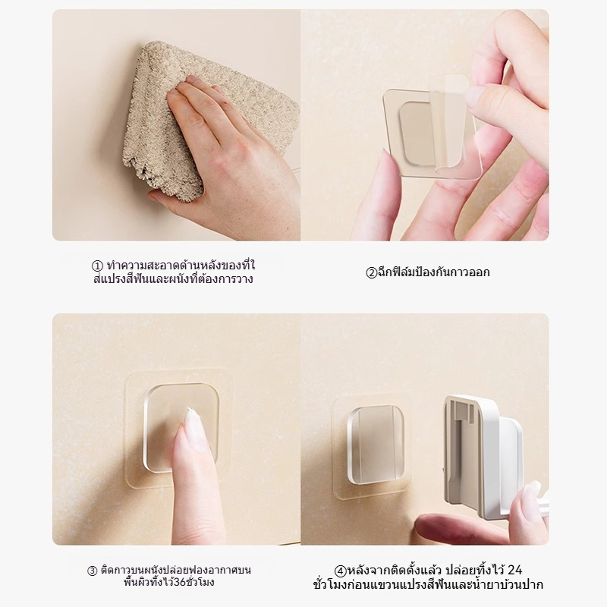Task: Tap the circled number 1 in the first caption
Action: (96, 266)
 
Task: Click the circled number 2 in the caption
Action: (372, 272)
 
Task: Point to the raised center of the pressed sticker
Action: (182, 429)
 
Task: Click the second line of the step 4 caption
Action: (427, 585)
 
